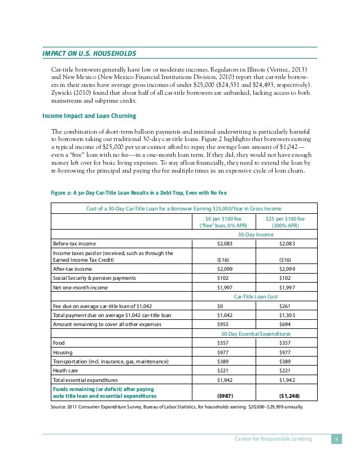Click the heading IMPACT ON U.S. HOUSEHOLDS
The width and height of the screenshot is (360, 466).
[x=90, y=54]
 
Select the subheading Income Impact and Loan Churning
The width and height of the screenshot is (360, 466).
[x=89, y=116]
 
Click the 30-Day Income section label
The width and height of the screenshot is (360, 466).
[x=256, y=234]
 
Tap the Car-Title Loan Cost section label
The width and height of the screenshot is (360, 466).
[x=256, y=295]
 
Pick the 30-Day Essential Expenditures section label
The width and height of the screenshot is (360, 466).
[x=255, y=334]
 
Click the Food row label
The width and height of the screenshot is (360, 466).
[x=59, y=342]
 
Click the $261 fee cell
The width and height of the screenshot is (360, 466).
[x=285, y=305]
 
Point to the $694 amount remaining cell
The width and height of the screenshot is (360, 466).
[x=285, y=324]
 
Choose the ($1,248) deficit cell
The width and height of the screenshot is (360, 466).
[x=287, y=395]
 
